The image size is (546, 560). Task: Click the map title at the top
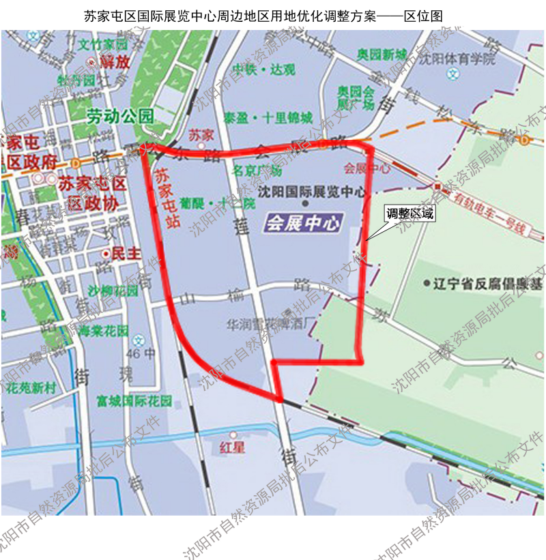pyautogui.click(x=272, y=15)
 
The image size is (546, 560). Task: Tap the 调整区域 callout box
pyautogui.click(x=409, y=213)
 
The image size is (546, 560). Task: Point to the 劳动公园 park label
pyautogui.click(x=120, y=117)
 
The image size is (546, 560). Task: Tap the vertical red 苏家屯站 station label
pyautogui.click(x=162, y=198)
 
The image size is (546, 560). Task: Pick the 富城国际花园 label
pyautogui.click(x=134, y=400)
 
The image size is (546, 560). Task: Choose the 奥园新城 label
pyautogui.click(x=382, y=55)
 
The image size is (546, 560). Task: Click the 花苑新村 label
pyautogui.click(x=31, y=387)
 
